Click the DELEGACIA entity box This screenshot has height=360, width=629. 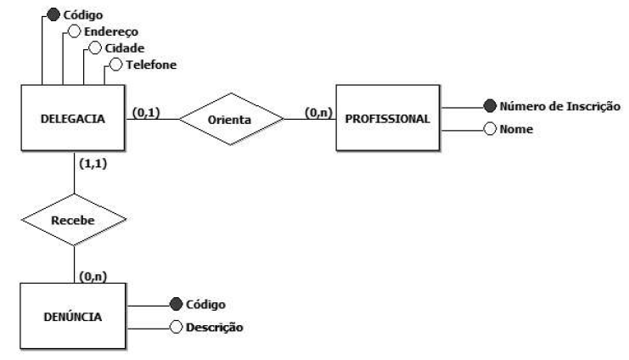click(x=75, y=119)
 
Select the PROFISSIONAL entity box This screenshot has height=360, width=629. click(x=389, y=119)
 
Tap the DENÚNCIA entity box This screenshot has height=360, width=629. click(x=73, y=317)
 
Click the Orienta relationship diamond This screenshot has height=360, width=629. click(x=229, y=120)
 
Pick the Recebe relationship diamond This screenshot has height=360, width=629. click(x=74, y=219)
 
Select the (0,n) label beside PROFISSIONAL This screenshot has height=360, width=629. click(x=317, y=111)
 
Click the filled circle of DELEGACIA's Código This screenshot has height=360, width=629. click(x=53, y=14)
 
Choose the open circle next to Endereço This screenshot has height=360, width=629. click(x=74, y=31)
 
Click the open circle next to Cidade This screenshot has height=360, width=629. click(x=95, y=48)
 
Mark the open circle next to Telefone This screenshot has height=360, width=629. click(x=115, y=64)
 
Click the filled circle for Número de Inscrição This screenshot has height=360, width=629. click(x=489, y=108)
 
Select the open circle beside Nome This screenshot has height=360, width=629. click(x=489, y=131)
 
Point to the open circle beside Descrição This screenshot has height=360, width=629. click(x=176, y=328)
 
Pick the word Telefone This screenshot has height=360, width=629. click(x=149, y=64)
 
